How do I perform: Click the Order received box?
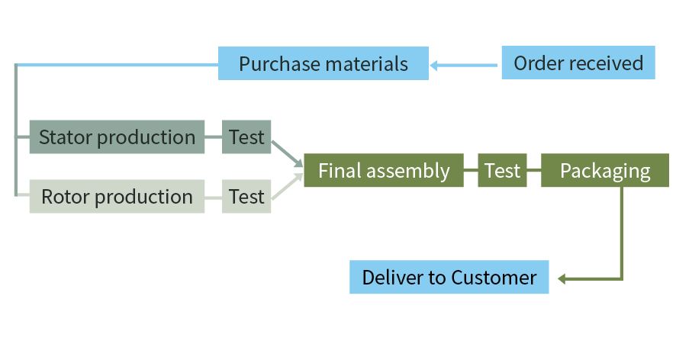point(578,63)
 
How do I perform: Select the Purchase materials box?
point(324,63)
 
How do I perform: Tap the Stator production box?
point(117,137)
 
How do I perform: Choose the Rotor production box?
point(117,197)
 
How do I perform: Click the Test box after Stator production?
point(246,137)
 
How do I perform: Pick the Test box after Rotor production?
point(246,197)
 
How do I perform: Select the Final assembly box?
point(384,170)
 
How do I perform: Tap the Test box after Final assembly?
point(502,170)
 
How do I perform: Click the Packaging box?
point(605,170)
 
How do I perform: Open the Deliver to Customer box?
point(449,277)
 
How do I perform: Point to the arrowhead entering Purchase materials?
point(433,66)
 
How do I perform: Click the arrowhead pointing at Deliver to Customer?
point(562,279)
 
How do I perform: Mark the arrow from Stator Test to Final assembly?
point(287,154)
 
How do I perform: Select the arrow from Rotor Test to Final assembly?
point(287,186)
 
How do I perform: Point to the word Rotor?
point(66,197)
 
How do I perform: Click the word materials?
point(366,64)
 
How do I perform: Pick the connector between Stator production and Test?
point(213,137)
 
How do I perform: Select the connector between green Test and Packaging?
point(534,170)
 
